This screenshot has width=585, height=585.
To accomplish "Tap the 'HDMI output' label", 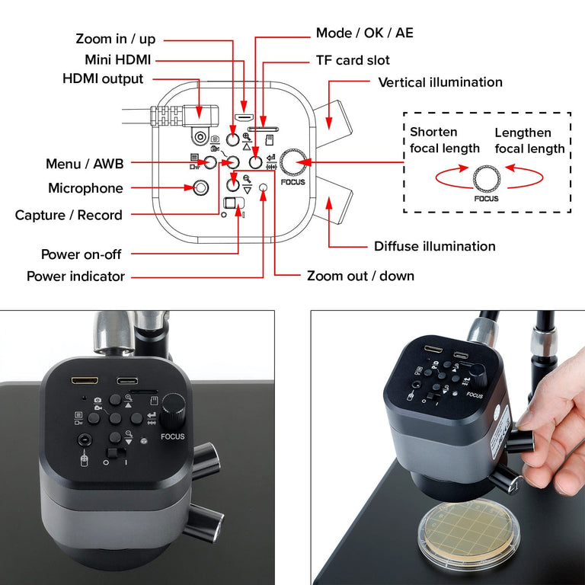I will (103, 79).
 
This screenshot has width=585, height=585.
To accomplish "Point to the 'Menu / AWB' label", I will (85, 163).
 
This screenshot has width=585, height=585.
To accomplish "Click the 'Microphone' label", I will (85, 188).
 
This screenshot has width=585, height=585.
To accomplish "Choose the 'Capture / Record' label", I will (69, 216).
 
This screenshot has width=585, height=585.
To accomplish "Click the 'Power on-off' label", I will (82, 254).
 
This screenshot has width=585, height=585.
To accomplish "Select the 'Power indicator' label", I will (75, 277).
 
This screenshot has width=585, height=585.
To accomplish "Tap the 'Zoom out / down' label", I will (360, 276).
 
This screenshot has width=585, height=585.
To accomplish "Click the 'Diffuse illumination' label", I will (434, 246).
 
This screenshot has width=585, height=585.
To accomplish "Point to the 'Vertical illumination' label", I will (440, 82).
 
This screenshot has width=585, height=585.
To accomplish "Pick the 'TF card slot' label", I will (353, 60).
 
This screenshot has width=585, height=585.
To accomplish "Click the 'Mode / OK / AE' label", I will (365, 34).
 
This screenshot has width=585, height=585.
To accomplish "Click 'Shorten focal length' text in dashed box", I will (445, 140).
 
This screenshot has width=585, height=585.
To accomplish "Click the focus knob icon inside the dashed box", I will (486, 178).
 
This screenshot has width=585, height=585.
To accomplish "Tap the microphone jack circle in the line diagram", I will (201, 187).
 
